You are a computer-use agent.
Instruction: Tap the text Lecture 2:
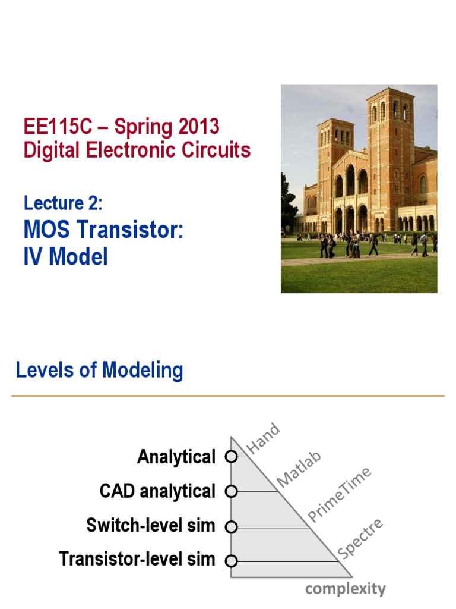click(63, 203)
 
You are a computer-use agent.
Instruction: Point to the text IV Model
click(65, 256)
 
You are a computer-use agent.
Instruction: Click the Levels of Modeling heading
click(99, 370)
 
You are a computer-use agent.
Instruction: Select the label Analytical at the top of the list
click(176, 457)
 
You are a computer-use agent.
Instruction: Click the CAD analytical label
click(157, 491)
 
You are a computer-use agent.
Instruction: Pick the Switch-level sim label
click(151, 526)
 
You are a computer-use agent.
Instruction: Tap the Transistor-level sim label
click(137, 560)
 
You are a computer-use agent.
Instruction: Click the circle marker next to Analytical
click(232, 457)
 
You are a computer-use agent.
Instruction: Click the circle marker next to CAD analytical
click(232, 491)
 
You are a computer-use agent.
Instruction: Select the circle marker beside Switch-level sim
click(232, 526)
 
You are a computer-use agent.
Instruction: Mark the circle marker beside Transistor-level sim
click(232, 561)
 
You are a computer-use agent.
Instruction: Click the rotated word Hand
click(262, 438)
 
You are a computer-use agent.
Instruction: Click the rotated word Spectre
click(360, 539)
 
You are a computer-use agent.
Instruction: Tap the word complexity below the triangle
click(345, 589)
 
